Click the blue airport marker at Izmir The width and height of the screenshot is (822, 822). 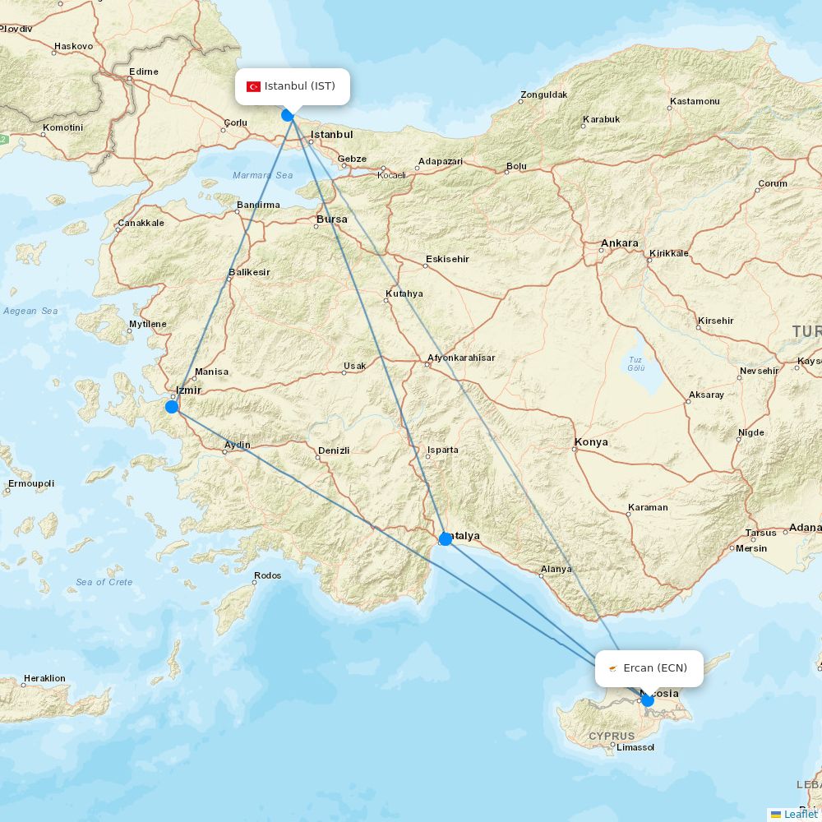tap(172, 406)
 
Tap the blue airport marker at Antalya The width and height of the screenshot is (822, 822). tap(446, 538)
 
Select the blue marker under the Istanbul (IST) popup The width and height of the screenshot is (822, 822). tap(288, 115)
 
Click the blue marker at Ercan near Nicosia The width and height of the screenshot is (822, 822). tap(648, 700)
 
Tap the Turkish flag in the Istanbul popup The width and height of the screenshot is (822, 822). tap(253, 86)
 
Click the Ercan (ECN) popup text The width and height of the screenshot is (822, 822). tap(655, 667)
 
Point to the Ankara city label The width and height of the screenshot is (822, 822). tap(620, 243)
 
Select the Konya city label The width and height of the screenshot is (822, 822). tap(591, 442)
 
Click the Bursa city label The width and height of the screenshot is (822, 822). tap(332, 219)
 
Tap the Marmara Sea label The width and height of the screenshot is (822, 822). tap(262, 175)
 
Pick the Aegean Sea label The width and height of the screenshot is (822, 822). tap(30, 311)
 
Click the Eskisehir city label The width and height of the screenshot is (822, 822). tap(447, 259)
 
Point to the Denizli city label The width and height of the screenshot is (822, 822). tap(334, 450)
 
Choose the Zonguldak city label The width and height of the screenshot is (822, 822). tap(543, 95)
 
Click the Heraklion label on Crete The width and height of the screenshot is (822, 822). tap(44, 678)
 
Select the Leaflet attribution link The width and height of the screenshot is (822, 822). tap(800, 814)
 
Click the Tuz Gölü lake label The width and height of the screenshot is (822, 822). tap(635, 363)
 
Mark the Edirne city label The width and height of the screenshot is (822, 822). tap(144, 72)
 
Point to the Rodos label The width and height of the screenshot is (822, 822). tap(268, 575)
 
